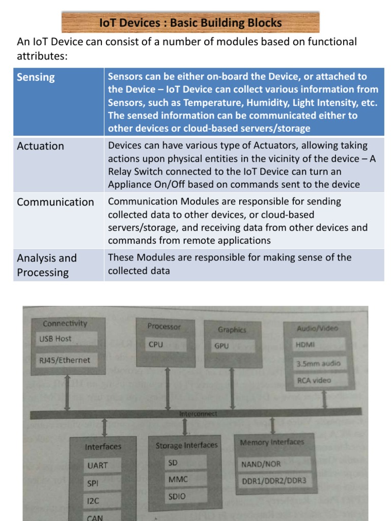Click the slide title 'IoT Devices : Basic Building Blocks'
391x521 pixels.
tap(190, 23)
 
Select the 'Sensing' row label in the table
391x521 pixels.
tap(36, 77)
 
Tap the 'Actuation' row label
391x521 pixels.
tap(41, 146)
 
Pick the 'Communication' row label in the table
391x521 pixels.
tap(55, 202)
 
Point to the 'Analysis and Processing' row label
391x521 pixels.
tap(47, 265)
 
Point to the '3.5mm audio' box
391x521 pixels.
tap(321, 364)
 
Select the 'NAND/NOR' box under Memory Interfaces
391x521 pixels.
tap(275, 464)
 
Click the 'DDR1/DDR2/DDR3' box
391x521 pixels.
tap(275, 480)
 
